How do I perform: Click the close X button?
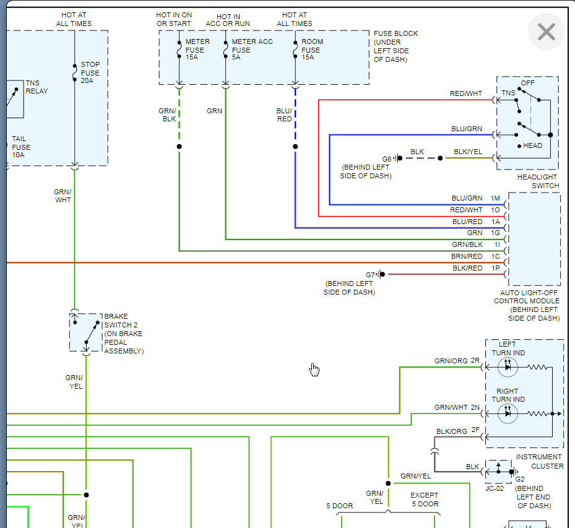pyautogui.click(x=546, y=32)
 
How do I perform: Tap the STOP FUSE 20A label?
pyautogui.click(x=90, y=72)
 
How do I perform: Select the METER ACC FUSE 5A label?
pyautogui.click(x=252, y=50)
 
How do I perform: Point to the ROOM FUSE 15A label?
pyautogui.click(x=312, y=50)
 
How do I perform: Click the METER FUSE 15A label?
pyautogui.click(x=197, y=50)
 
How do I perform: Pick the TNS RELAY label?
pyautogui.click(x=37, y=87)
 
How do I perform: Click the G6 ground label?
pyautogui.click(x=387, y=158)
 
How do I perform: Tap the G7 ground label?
pyautogui.click(x=370, y=274)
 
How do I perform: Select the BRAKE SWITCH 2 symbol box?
pyautogui.click(x=85, y=332)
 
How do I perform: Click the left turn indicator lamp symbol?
pyautogui.click(x=508, y=367)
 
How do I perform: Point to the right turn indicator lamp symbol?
pyautogui.click(x=508, y=413)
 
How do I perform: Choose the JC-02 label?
pyautogui.click(x=495, y=488)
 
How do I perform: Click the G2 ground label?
pyautogui.click(x=520, y=479)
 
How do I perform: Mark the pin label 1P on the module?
pyautogui.click(x=495, y=268)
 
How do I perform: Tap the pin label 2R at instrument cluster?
pyautogui.click(x=475, y=360)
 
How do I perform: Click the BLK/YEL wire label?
pyautogui.click(x=468, y=152)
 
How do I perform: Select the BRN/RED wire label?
pyautogui.click(x=467, y=256)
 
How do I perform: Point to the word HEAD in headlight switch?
pyautogui.click(x=532, y=146)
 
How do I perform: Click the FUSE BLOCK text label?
pyautogui.click(x=396, y=33)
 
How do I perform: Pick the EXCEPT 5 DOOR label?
pyautogui.click(x=424, y=500)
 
